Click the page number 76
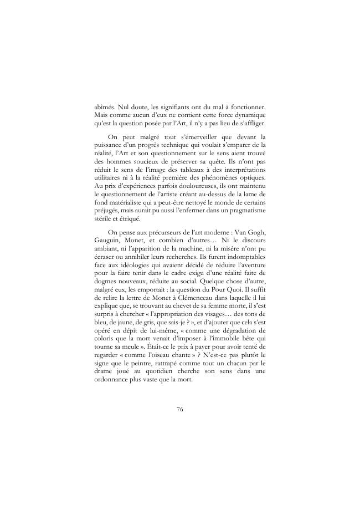[180, 410]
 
